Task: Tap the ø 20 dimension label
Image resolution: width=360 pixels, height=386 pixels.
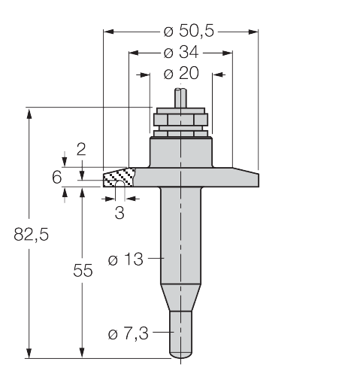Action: [x=181, y=74]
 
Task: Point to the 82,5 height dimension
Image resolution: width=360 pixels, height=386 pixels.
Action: [x=31, y=234]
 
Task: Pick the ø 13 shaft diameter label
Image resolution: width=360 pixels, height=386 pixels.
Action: [x=126, y=260]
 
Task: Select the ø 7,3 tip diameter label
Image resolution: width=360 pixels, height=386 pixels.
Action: [x=129, y=334]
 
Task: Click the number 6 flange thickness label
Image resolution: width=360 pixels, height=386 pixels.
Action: [x=56, y=177]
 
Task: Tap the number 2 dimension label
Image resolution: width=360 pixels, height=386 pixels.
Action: [x=81, y=148]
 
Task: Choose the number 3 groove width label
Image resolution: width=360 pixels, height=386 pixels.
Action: [x=119, y=212]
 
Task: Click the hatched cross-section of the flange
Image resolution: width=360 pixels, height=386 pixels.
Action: [x=118, y=178]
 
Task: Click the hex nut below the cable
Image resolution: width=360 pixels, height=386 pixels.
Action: [x=180, y=119]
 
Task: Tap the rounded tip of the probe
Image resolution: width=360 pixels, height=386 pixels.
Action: [x=180, y=351]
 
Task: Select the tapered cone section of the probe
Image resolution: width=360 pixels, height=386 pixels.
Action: [x=180, y=298]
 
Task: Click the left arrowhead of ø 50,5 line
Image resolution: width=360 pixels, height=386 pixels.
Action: [x=107, y=32]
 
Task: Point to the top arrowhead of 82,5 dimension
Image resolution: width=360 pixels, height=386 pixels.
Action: [x=30, y=113]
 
